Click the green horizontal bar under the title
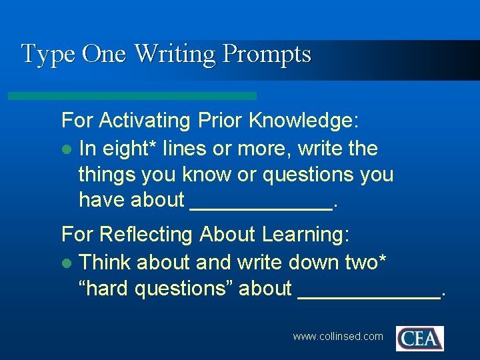pos(132,96)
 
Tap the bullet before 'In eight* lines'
pos(65,149)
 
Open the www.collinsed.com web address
pos(338,337)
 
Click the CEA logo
pos(419,338)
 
